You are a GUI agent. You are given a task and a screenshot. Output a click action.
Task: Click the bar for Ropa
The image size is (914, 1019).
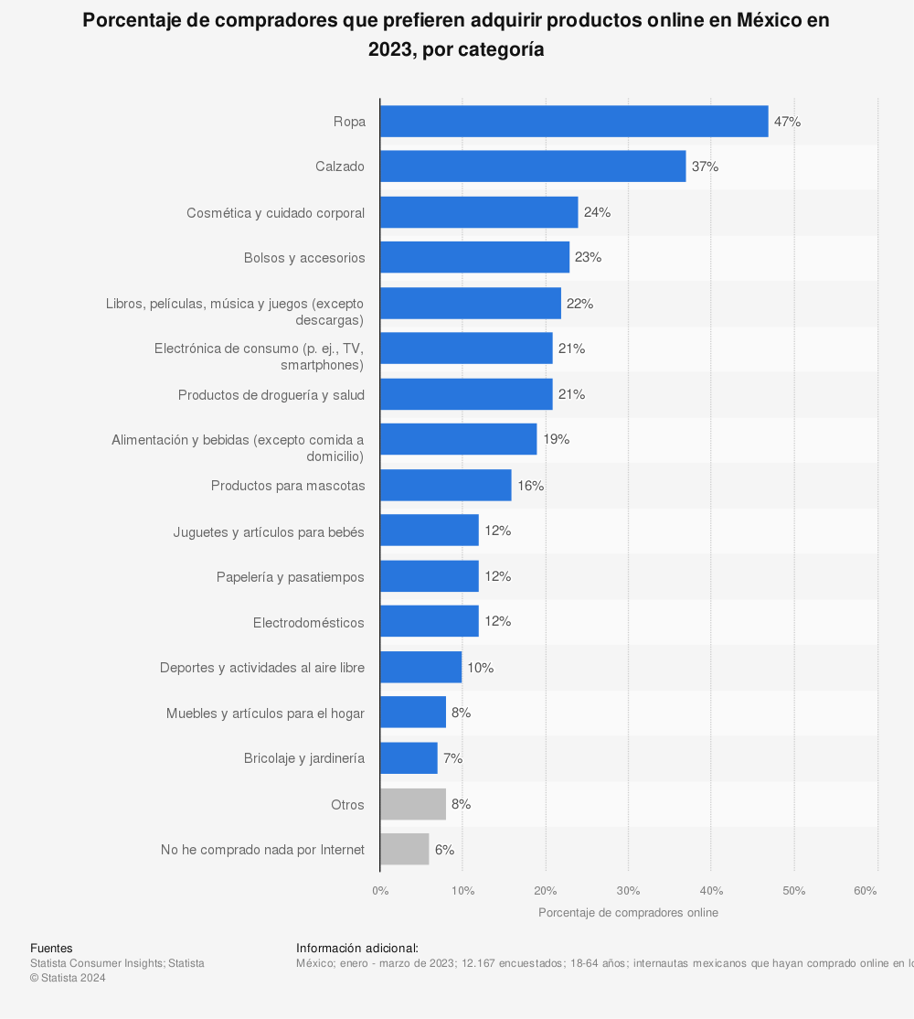tap(574, 122)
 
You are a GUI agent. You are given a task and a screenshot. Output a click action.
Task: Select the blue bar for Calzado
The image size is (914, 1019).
tap(533, 166)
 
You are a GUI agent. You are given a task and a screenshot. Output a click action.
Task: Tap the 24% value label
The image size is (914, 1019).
tap(597, 212)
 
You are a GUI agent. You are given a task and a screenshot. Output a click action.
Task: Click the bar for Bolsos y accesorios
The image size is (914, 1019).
tap(474, 258)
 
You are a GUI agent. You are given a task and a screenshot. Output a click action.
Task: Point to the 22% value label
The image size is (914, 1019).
tap(579, 304)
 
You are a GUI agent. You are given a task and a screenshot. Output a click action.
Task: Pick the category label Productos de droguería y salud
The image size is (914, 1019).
tap(271, 395)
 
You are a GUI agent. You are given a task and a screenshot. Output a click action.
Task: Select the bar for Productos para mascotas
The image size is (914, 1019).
tap(446, 486)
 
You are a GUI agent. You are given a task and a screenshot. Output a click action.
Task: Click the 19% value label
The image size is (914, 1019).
tap(556, 440)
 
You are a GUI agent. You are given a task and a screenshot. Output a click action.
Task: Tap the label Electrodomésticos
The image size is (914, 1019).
tap(309, 623)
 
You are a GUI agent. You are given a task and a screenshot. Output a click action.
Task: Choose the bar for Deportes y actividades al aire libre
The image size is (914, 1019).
tap(420, 668)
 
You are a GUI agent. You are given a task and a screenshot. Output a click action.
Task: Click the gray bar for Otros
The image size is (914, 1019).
tap(413, 804)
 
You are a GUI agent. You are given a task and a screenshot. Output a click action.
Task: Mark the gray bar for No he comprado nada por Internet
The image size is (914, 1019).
tap(405, 850)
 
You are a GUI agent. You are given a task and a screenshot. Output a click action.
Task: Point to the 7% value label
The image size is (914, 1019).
tap(452, 758)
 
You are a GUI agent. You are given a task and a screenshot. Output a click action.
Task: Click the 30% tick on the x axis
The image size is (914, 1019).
tap(628, 891)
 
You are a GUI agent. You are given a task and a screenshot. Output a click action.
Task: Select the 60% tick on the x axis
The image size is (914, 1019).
tap(865, 891)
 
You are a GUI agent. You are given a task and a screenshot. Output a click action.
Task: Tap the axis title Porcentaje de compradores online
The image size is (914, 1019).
tap(628, 913)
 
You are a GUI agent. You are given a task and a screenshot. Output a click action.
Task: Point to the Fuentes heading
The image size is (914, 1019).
tap(51, 949)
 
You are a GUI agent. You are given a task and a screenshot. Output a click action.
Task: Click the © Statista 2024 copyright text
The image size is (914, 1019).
tap(68, 978)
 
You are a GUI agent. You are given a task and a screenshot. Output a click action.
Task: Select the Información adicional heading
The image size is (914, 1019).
tap(357, 949)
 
